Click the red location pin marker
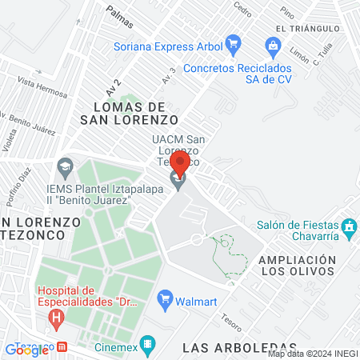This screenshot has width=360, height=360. click(180, 164)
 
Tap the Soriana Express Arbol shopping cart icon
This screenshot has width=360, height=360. click(233, 42)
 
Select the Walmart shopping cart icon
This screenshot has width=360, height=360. click(166, 301)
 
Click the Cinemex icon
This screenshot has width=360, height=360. click(146, 345)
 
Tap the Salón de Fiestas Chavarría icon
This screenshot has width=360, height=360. click(349, 228)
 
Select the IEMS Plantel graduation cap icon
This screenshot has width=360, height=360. click(65, 170)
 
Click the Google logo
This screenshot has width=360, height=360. click(26, 350)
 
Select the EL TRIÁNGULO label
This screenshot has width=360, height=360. click(303, 28)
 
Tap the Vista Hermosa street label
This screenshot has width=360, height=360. click(37, 83)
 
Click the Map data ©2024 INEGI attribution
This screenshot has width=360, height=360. click(313, 354)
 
